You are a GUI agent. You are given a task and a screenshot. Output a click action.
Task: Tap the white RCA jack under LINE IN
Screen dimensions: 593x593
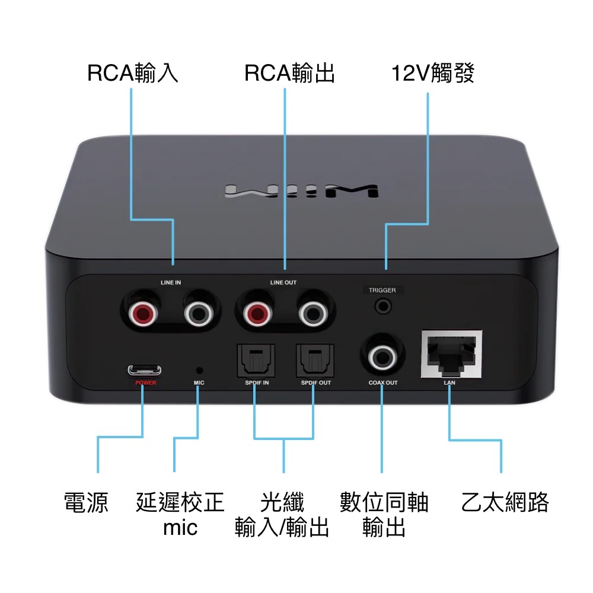pos(198,313)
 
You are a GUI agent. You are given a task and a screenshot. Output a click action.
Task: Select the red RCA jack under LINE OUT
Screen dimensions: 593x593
pos(256,313)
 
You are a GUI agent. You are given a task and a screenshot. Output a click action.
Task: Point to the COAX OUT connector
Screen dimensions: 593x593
pos(382,356)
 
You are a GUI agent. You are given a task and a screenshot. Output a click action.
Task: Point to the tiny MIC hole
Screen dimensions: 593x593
pos(199,369)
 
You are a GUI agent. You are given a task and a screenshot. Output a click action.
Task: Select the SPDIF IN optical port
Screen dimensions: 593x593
pos(253,361)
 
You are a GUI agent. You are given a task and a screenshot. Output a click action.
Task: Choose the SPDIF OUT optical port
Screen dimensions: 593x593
pos(313,361)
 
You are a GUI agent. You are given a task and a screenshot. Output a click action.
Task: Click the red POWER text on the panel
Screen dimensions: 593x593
pos(145,383)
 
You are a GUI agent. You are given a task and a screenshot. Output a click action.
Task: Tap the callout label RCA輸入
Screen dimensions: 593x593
pos(132,74)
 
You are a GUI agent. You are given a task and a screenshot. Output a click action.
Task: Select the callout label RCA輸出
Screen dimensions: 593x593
pos(289,74)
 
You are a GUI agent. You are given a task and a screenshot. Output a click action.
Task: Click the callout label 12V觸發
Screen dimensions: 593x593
pos(433,74)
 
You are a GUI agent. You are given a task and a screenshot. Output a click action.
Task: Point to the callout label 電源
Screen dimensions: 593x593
pos(87,503)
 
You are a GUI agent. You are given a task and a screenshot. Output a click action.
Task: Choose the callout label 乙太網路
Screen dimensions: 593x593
pos(505,503)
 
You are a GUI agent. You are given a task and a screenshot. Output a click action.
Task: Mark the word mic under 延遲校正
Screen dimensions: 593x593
pos(180,527)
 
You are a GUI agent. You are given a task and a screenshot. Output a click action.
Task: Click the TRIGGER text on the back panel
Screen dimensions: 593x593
pos(382,291)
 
